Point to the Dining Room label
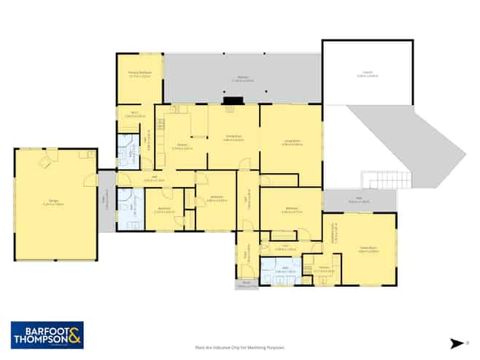pos(233,138)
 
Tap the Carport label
pos(368,72)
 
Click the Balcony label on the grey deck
pos(242,79)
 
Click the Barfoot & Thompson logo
pos(47,334)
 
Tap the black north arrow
pos(457,342)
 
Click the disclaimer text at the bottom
pos(240,348)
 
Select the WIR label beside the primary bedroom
pos(135,113)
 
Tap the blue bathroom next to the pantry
pos(281,269)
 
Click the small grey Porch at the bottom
pos(247,283)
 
